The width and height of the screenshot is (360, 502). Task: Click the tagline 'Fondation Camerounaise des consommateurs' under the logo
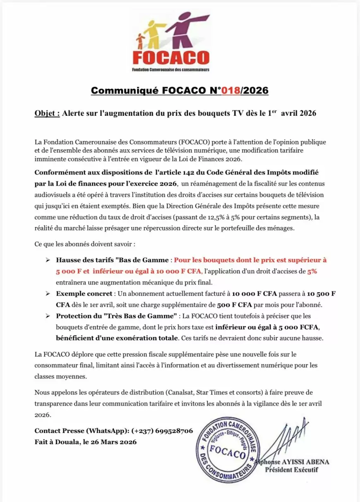(170, 70)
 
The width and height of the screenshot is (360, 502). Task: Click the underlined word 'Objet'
(47, 113)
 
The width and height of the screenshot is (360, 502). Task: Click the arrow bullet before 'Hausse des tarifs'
(48, 260)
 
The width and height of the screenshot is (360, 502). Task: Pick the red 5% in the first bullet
(312, 271)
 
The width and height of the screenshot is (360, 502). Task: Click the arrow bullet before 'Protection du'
(48, 316)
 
